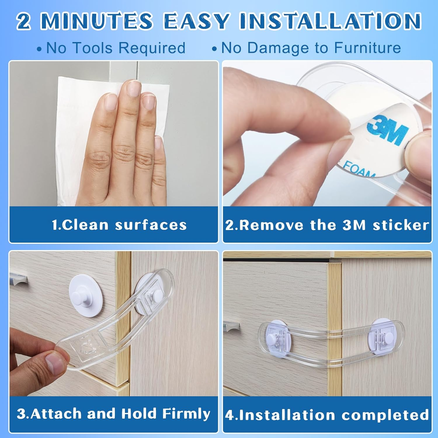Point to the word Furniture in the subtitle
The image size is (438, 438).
[367, 48]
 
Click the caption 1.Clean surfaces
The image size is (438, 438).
[119, 225]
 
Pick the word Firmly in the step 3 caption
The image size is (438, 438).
[186, 413]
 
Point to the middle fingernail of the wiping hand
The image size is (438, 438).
[134, 88]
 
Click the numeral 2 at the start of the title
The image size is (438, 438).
[23, 21]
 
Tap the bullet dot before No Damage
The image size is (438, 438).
[214, 49]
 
